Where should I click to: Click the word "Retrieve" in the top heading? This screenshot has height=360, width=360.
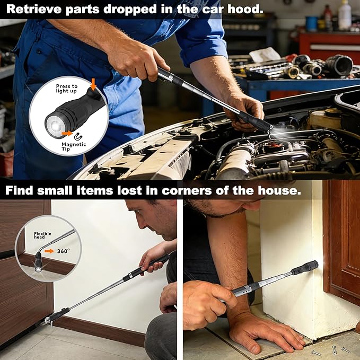coord(34,10)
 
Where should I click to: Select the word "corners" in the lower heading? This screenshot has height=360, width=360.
coord(187,190)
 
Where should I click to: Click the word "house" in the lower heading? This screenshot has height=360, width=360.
coord(279,190)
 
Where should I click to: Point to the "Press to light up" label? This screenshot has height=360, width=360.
coord(67,89)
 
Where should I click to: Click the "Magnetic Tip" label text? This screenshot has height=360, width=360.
coord(74,146)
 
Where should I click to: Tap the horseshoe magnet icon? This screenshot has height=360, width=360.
coord(78,137)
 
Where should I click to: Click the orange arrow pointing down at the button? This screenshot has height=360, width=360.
coord(93,84)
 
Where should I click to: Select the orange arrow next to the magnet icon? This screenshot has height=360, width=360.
coord(67,133)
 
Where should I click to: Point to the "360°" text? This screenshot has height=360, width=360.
coord(64,251)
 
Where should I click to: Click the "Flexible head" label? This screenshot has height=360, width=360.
coord(42,235)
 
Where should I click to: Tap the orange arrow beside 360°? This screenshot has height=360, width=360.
coord(49,251)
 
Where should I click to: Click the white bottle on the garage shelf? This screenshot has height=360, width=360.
coord(345,15)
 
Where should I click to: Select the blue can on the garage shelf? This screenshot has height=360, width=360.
coord(312,23)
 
